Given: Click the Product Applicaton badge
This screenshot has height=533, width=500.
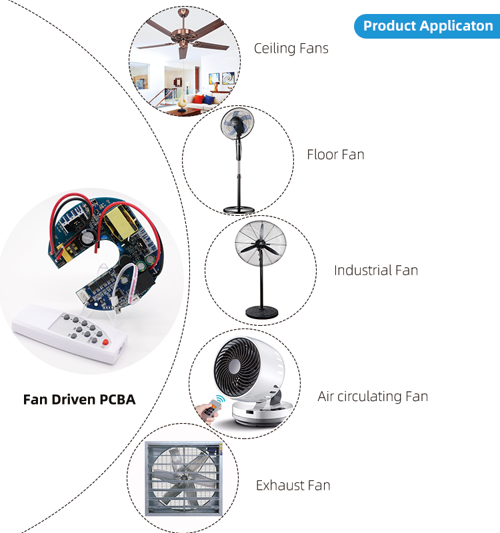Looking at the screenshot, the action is (428, 26).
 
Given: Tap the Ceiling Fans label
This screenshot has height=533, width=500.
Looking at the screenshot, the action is (291, 49).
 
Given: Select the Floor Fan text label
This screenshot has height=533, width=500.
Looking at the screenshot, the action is (335, 155).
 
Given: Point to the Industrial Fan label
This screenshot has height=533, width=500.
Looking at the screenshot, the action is (376, 270).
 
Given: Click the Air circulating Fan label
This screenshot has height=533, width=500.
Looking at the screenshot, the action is (373, 396).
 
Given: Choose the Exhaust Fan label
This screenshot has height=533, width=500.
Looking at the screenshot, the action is (293, 485).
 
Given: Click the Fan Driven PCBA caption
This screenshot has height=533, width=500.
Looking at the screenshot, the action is (79, 400).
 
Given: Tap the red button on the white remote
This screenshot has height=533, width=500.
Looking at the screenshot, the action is (105, 342).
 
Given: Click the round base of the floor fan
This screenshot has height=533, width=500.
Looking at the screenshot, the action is (239, 208).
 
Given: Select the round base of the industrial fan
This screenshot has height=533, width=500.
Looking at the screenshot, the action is (261, 311).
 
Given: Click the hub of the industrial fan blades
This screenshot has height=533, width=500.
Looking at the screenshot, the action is (259, 245).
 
